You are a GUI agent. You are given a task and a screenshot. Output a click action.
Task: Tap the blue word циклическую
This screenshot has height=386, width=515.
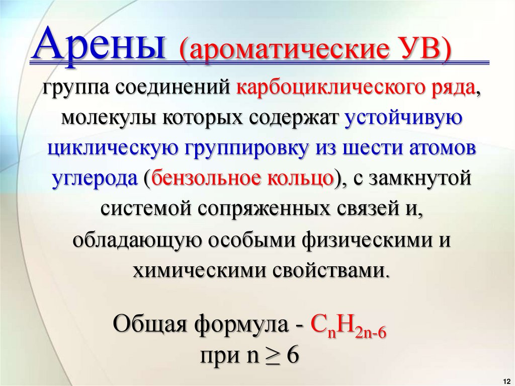click(x=111, y=149)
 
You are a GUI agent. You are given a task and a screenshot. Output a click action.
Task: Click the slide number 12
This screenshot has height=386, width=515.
click(x=505, y=379)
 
